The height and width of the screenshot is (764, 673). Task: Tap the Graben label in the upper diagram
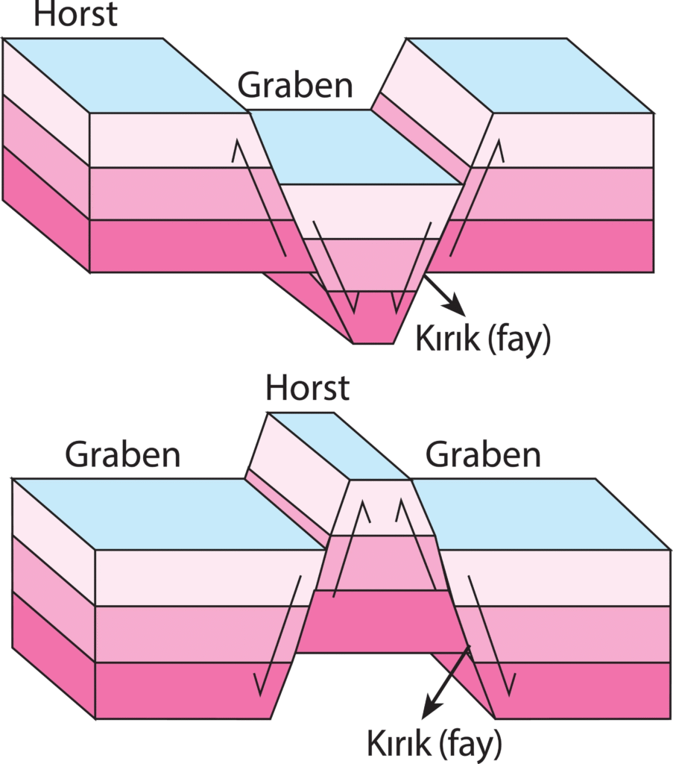click(x=295, y=86)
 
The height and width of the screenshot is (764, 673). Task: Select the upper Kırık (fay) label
click(x=482, y=339)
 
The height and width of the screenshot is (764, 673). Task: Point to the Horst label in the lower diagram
click(x=307, y=387)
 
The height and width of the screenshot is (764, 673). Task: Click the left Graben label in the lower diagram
click(x=123, y=454)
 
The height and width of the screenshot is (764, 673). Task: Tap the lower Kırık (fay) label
click(x=435, y=743)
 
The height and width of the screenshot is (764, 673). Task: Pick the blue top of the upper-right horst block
click(x=529, y=75)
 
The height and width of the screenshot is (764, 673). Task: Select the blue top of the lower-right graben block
click(x=537, y=515)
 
